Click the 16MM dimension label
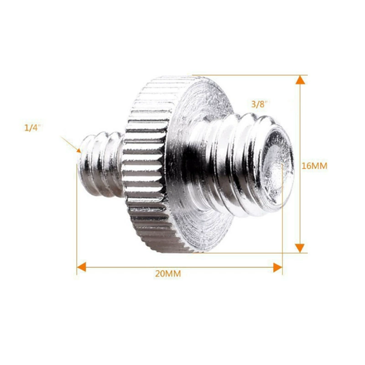(314, 166)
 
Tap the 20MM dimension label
(168, 274)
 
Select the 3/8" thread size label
(260, 104)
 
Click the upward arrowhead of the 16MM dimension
(300, 80)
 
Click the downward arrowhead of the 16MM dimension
(300, 248)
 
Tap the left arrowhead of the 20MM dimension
(82, 267)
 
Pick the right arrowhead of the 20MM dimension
(278, 267)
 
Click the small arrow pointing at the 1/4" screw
(71, 145)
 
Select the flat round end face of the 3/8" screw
(277, 166)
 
